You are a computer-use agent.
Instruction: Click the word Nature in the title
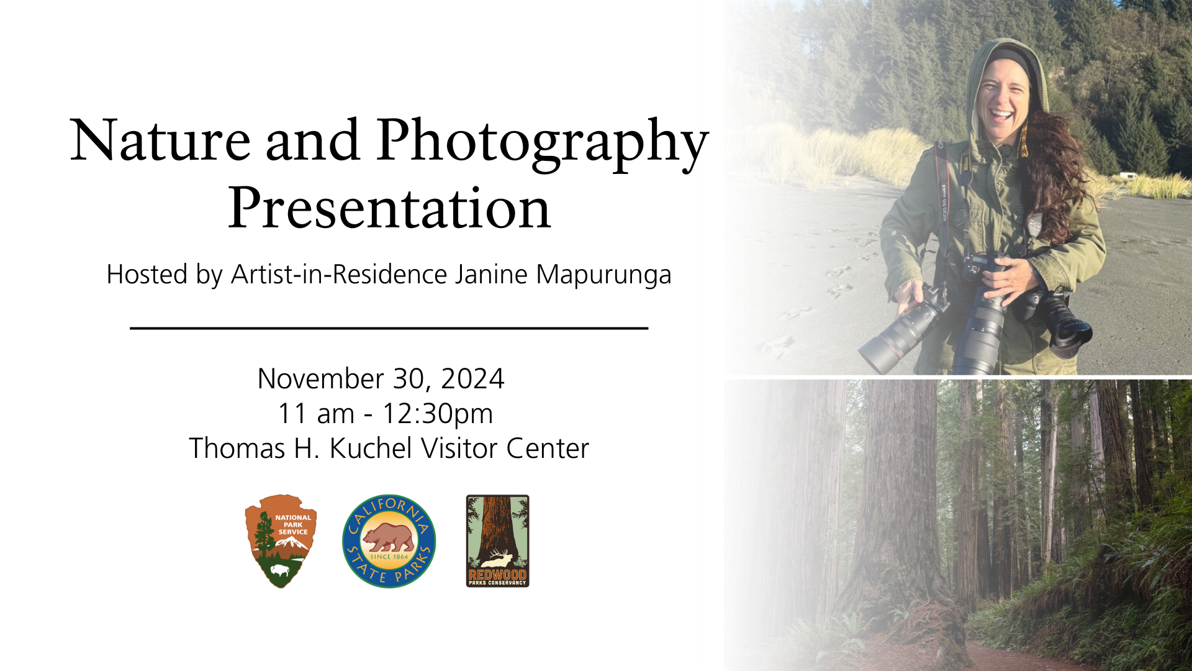point(160,140)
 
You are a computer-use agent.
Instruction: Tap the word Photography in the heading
point(542,145)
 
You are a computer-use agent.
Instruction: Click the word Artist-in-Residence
point(339,275)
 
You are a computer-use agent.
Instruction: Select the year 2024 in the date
point(472,379)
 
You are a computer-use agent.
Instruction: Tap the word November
point(320,379)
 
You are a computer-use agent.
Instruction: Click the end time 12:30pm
point(437,414)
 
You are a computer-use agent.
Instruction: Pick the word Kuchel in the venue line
point(371,449)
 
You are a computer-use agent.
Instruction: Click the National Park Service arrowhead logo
point(281,541)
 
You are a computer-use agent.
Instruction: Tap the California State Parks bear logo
point(389,541)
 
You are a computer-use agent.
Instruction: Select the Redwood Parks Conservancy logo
point(498,541)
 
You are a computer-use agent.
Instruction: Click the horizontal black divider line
point(389,327)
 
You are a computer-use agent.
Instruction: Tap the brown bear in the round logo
point(389,538)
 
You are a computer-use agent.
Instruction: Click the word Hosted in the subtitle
point(147,275)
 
